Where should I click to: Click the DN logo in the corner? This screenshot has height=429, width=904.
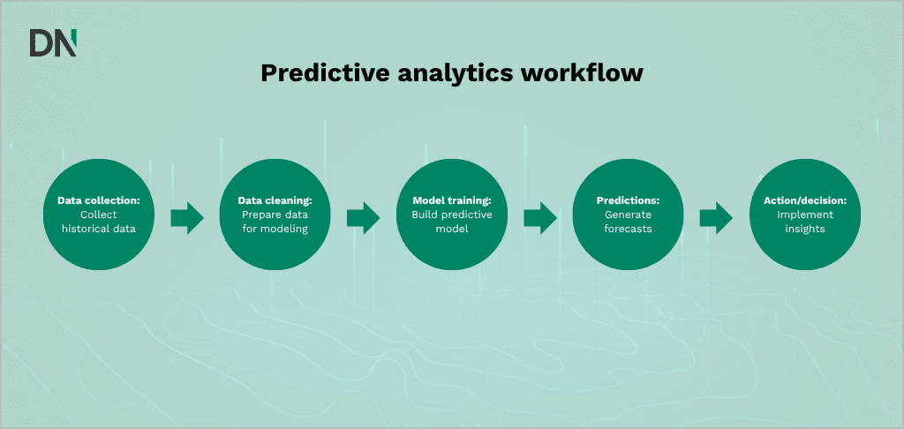pyautogui.click(x=53, y=42)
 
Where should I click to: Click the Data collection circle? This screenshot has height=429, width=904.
pyautogui.click(x=99, y=215)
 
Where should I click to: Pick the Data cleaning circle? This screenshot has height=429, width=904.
pyautogui.click(x=275, y=215)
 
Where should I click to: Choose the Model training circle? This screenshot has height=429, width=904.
pyautogui.click(x=451, y=215)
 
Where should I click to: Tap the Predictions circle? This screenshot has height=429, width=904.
pyautogui.click(x=628, y=215)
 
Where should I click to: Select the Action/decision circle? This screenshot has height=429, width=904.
pyautogui.click(x=804, y=215)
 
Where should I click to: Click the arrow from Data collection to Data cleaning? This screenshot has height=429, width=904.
pyautogui.click(x=186, y=216)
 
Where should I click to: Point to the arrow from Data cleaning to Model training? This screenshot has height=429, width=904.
pyautogui.click(x=363, y=216)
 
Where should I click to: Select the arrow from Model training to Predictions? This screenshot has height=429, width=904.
pyautogui.click(x=539, y=216)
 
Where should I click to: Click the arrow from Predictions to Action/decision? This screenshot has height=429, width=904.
pyautogui.click(x=716, y=216)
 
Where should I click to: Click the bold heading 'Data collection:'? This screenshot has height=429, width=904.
pyautogui.click(x=99, y=201)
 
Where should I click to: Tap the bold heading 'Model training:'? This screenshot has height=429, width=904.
pyautogui.click(x=452, y=201)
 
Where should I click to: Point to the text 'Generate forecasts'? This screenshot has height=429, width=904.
pyautogui.click(x=629, y=222)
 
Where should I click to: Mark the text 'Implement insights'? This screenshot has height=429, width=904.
pyautogui.click(x=805, y=222)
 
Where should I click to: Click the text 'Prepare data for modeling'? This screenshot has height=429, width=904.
pyautogui.click(x=275, y=222)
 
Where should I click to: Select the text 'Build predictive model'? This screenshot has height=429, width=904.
pyautogui.click(x=452, y=222)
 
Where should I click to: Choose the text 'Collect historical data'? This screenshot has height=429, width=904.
pyautogui.click(x=99, y=222)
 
